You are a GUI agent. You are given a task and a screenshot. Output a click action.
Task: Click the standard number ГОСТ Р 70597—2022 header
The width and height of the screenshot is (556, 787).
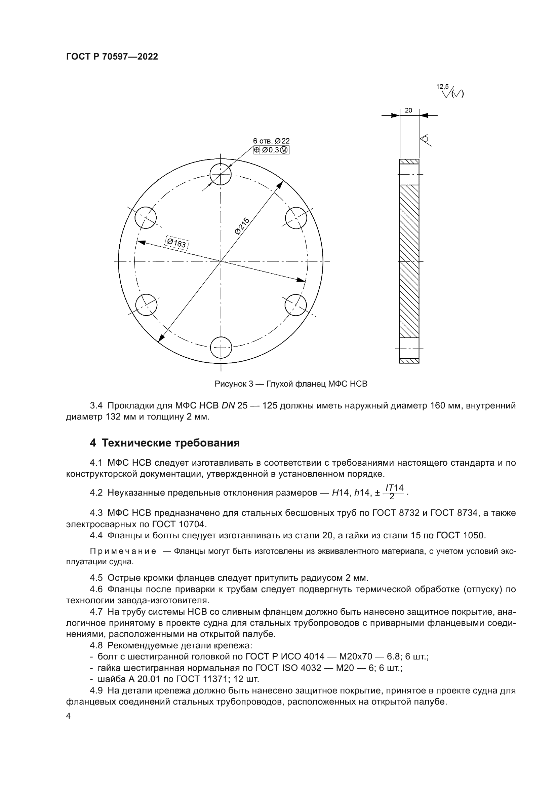112,57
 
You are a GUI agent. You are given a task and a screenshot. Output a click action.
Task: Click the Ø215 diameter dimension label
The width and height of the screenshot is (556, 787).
242,225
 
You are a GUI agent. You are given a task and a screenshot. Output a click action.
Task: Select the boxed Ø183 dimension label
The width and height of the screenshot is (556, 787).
177,243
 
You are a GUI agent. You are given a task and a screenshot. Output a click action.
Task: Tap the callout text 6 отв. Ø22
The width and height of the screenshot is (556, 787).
271,141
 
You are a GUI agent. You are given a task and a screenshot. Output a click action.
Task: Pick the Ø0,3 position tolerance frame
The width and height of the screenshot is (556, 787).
271,150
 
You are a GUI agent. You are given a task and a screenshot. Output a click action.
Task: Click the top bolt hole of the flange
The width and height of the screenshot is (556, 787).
221,174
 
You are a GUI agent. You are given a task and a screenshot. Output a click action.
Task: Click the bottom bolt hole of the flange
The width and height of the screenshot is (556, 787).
221,348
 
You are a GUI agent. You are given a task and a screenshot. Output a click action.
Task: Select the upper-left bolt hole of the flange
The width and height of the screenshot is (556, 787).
146,218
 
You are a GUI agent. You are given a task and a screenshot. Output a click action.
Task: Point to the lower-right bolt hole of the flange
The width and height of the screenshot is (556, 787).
296,305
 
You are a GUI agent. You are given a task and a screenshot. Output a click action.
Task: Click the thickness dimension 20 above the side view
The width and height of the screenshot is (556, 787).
408,110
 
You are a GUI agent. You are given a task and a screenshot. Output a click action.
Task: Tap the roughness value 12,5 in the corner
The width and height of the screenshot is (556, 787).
442,87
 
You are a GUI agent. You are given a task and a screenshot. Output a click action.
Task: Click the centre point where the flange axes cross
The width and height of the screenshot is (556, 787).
221,261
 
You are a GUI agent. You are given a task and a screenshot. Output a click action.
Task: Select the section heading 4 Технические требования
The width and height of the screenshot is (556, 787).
165,443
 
